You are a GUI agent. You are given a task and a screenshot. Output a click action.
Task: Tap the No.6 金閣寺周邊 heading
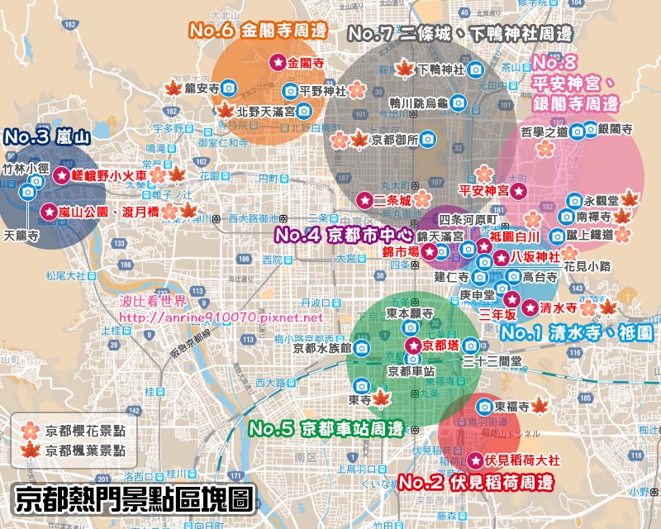coord(259,31)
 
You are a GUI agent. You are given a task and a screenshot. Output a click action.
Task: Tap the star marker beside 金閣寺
coord(277,62)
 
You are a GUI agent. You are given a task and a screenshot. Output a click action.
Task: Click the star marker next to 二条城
coord(364,199)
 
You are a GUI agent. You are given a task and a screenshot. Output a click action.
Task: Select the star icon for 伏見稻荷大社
coord(475,460)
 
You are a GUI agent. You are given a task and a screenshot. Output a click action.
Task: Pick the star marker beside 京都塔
coord(411,346)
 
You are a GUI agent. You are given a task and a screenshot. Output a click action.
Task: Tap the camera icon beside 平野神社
coord(291,90)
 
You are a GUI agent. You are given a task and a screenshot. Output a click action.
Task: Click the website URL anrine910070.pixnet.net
coord(221,317)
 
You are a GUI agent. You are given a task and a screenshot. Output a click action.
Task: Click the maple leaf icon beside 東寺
coord(380,400)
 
